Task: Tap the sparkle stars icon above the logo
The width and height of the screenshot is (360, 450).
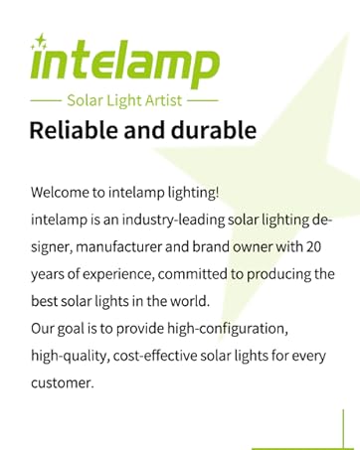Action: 41,42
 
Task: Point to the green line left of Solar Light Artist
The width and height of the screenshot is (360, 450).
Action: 45,101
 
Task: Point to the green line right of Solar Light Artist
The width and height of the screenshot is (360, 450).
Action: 202,101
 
